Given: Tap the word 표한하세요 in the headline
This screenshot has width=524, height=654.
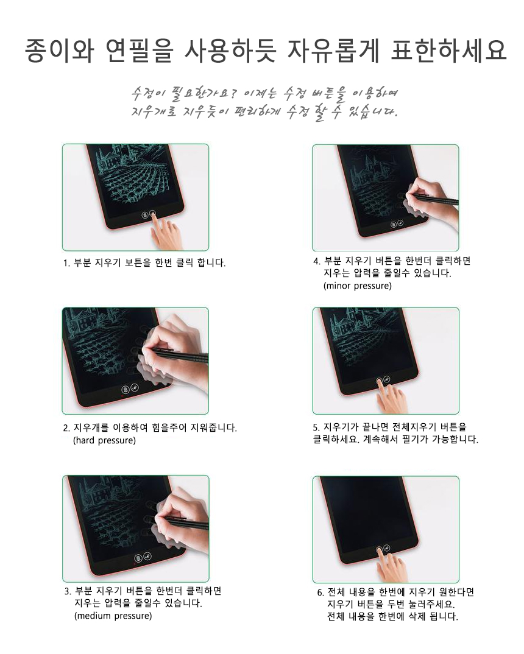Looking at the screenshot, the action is point(448,51).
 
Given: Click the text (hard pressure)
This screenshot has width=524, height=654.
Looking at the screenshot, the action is point(105,440).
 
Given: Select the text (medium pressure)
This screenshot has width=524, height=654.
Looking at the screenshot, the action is point(113,616).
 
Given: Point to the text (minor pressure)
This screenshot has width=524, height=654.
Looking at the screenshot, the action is point(358,286).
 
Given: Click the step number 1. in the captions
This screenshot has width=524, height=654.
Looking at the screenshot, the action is point(66,263).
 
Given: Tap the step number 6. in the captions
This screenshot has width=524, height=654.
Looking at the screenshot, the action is point(320,592).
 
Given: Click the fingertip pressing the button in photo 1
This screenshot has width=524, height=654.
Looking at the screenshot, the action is point(154,215).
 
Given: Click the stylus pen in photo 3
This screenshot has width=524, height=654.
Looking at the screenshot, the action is point(186,522).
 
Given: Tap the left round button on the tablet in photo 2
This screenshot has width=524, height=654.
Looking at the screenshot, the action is point(125,390).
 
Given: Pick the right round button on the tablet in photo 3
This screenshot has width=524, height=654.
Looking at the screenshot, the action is point(147,557).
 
